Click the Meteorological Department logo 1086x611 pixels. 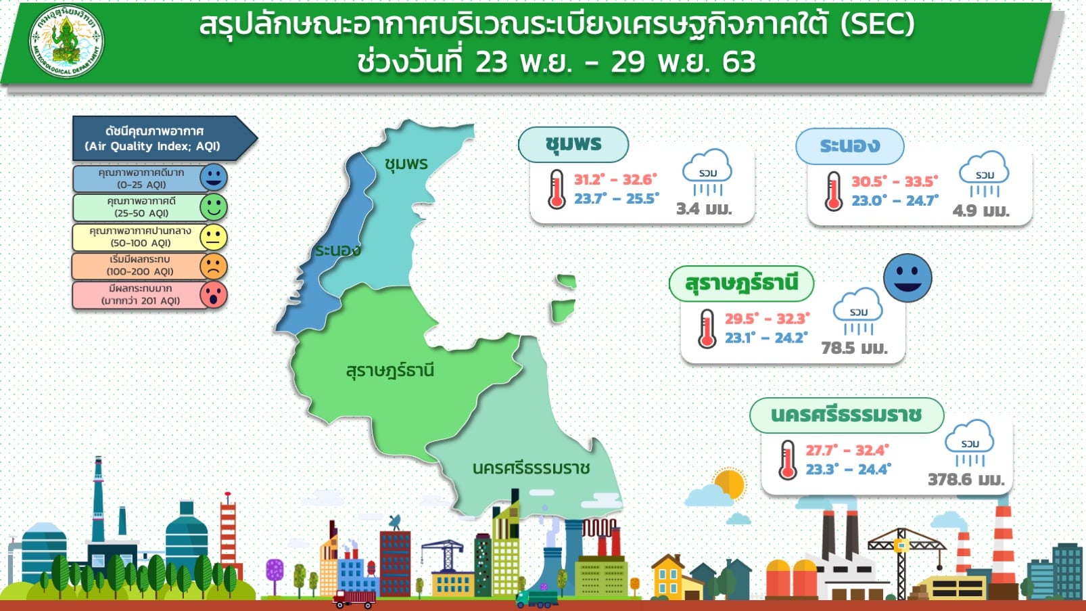click(x=66, y=41)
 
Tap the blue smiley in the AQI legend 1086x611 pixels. click(x=214, y=177)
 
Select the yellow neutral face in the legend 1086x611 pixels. click(x=214, y=237)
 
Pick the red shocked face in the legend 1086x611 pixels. click(x=214, y=294)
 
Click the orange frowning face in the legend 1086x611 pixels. click(x=214, y=267)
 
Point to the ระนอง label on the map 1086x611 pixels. click(x=338, y=250)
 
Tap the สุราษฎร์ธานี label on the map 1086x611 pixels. click(x=389, y=370)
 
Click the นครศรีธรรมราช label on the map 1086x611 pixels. click(x=531, y=468)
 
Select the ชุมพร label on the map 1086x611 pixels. click(x=406, y=164)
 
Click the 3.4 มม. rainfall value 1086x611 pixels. click(x=704, y=208)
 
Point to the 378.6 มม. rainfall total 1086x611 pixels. click(x=966, y=480)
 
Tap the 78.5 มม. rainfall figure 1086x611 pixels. click(x=854, y=348)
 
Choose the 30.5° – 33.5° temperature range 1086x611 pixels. click(x=895, y=181)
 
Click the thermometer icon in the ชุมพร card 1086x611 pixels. click(x=557, y=189)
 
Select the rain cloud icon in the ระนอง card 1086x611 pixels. click(x=984, y=174)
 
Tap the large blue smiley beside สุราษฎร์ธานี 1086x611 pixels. click(x=907, y=277)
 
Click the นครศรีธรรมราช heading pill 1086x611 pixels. click(x=847, y=415)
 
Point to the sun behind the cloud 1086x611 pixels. click(x=730, y=483)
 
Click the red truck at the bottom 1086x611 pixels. click(x=354, y=599)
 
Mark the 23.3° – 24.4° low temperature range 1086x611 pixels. click(x=849, y=470)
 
